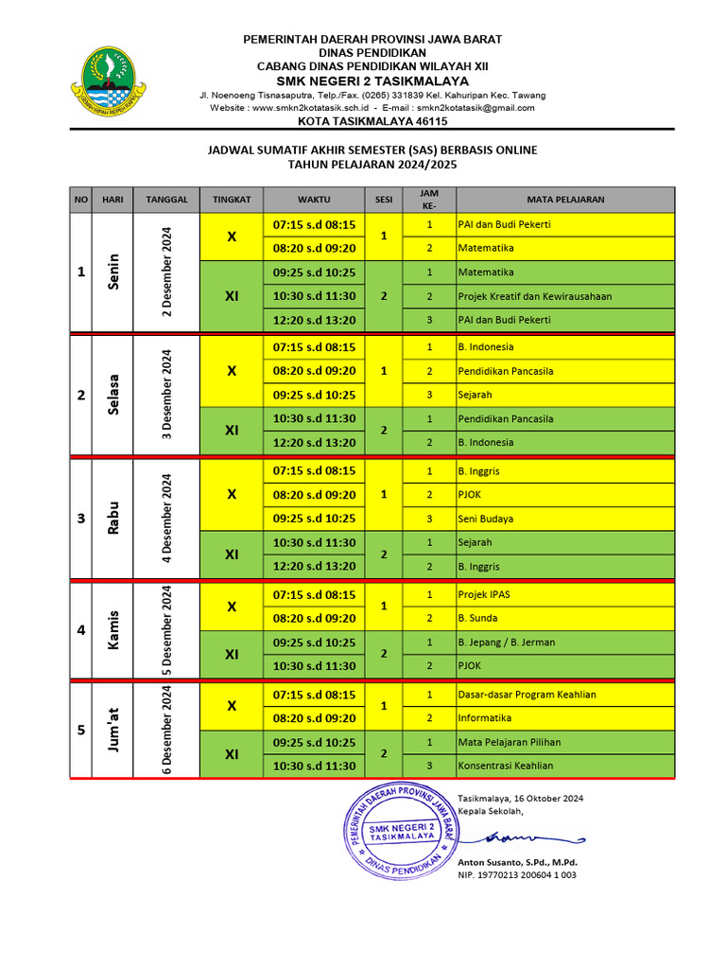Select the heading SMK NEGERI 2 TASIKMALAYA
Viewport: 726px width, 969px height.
point(372,79)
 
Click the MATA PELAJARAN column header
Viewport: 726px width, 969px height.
point(565,200)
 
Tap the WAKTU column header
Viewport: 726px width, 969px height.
point(314,200)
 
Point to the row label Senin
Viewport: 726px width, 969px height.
point(113,272)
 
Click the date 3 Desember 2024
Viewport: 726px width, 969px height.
point(166,395)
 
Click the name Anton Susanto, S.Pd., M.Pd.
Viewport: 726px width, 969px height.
point(517,862)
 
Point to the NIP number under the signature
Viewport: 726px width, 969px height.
point(516,875)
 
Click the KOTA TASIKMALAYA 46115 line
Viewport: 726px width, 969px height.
point(372,121)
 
